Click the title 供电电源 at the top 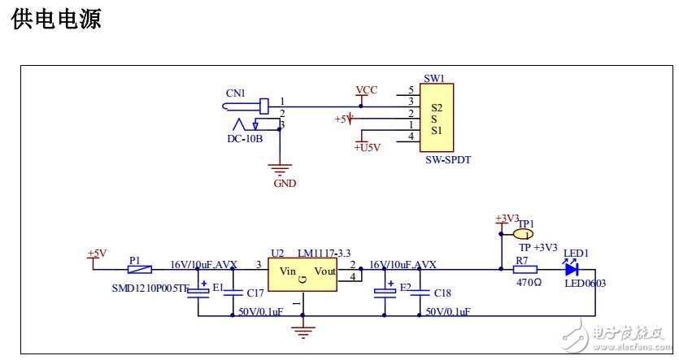pyautogui.click(x=56, y=20)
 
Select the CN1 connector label pyautogui.click(x=235, y=93)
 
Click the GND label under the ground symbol pyautogui.click(x=285, y=184)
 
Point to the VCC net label pyautogui.click(x=366, y=89)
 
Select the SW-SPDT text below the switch pyautogui.click(x=448, y=160)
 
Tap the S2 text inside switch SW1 pyautogui.click(x=437, y=107)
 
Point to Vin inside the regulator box pyautogui.click(x=287, y=271)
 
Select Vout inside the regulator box pyautogui.click(x=324, y=271)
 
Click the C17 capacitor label pyautogui.click(x=255, y=293)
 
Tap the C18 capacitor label pyautogui.click(x=442, y=293)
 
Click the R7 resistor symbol pyautogui.click(x=524, y=269)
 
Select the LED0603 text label pyautogui.click(x=585, y=284)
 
